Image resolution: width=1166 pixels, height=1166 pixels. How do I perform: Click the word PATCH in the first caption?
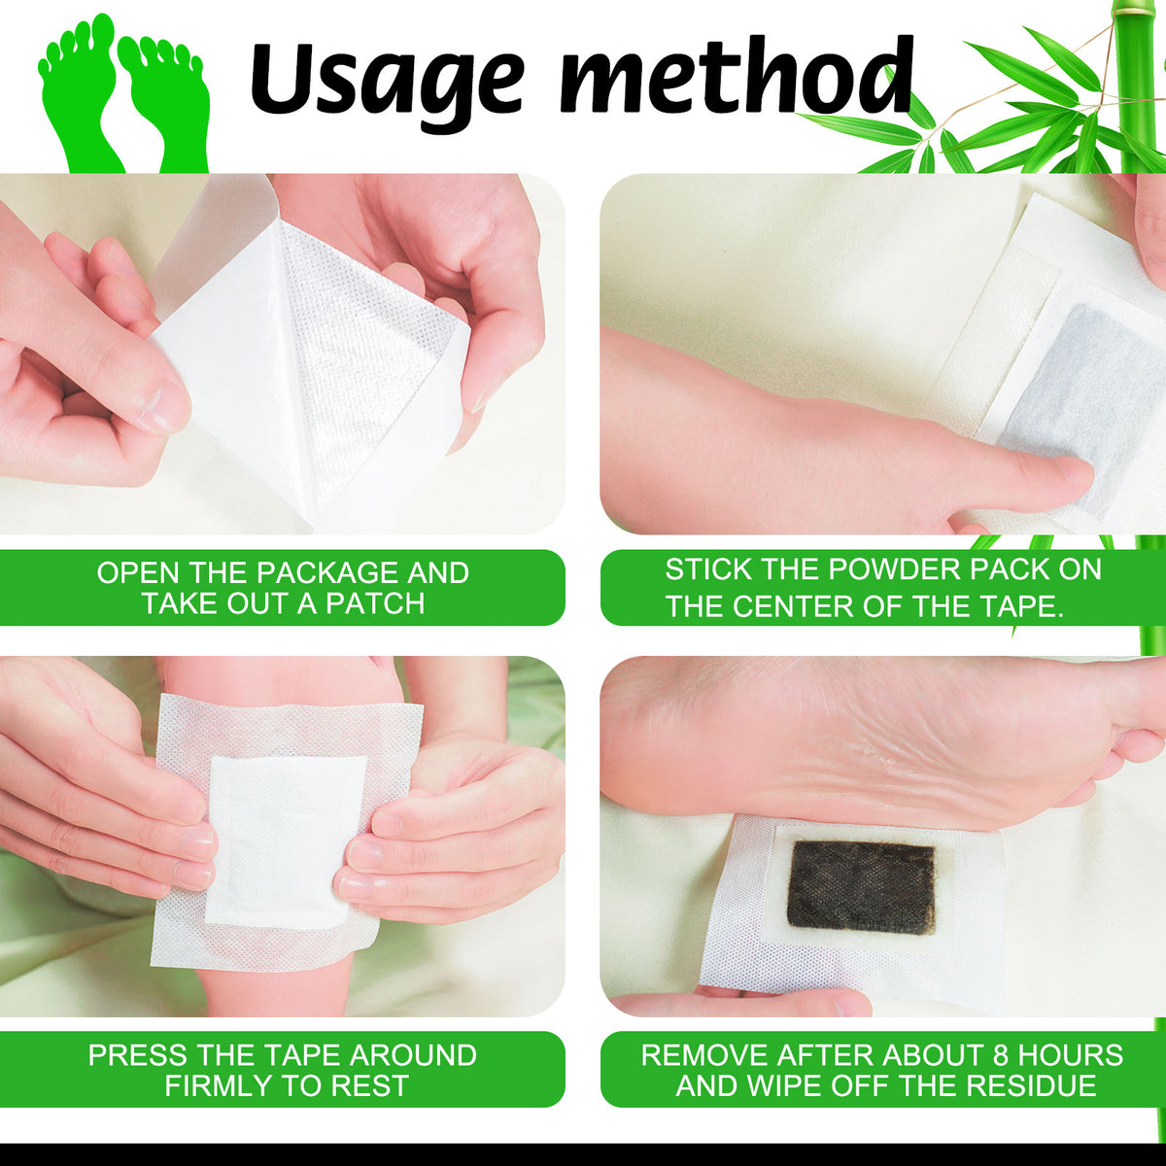tap(376, 603)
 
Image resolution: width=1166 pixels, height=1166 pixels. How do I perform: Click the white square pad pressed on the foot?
tap(287, 841)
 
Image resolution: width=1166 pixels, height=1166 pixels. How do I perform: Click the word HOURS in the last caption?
tap(1071, 1054)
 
